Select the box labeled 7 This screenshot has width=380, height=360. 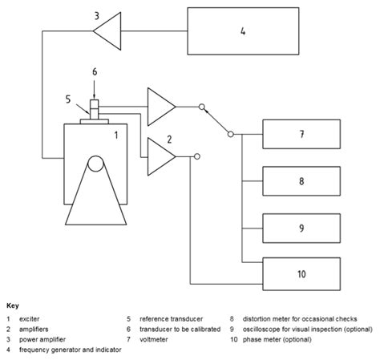[x=301, y=134]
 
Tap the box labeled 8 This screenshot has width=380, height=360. [x=301, y=181]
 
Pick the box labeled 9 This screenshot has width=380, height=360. [x=301, y=228]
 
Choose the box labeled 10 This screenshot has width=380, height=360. [x=301, y=273]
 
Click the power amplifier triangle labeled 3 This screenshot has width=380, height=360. [x=107, y=32]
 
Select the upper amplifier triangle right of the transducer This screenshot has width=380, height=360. [x=160, y=105]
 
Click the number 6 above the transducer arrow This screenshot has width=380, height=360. [x=94, y=72]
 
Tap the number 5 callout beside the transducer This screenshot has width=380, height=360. [x=69, y=99]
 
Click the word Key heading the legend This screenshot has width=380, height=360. [x=13, y=305]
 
